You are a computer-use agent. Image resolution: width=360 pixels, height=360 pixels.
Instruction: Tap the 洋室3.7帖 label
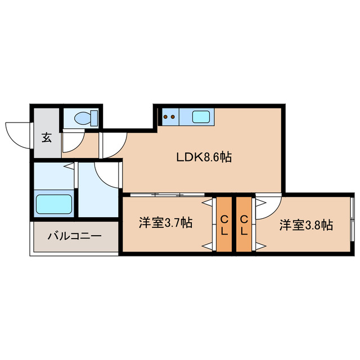pyautogui.click(x=166, y=223)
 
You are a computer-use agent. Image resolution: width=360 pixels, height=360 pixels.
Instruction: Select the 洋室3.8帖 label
pyautogui.click(x=306, y=225)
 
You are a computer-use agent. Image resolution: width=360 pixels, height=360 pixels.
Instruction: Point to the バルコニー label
pyautogui.click(x=74, y=236)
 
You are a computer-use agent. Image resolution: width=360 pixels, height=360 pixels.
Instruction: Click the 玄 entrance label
pyautogui.click(x=47, y=137)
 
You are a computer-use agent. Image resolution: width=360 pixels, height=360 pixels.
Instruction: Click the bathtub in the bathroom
pyautogui.click(x=53, y=204)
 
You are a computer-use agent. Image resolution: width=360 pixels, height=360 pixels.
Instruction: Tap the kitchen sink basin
pyautogui.click(x=202, y=117)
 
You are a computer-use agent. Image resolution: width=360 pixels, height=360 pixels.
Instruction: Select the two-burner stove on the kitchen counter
pyautogui.click(x=170, y=117)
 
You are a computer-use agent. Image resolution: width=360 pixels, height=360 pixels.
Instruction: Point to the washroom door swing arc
pyautogui.click(x=107, y=175)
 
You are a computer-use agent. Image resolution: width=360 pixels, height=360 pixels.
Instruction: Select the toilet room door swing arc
pyautogui.click(x=71, y=142)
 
